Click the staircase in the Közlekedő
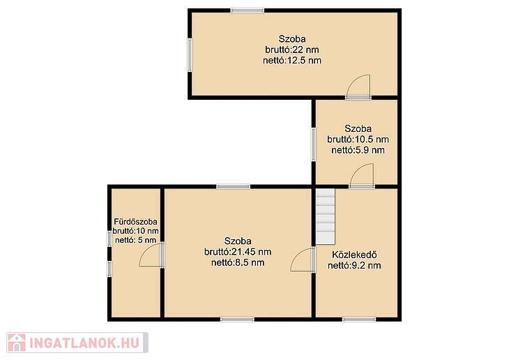(x=326, y=217)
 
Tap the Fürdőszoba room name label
(x=136, y=222)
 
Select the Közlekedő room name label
(x=354, y=255)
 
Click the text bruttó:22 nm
(x=292, y=50)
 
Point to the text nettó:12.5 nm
(x=292, y=61)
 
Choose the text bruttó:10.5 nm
(x=358, y=140)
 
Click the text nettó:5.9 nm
(x=358, y=150)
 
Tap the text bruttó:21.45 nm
(x=238, y=252)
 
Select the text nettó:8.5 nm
(x=238, y=262)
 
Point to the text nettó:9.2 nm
(x=354, y=265)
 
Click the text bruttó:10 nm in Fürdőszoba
(x=136, y=231)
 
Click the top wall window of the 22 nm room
(x=248, y=10)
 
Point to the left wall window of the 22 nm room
(x=190, y=55)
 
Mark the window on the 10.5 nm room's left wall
(x=314, y=144)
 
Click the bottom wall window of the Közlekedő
(x=359, y=320)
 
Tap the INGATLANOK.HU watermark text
(x=84, y=343)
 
